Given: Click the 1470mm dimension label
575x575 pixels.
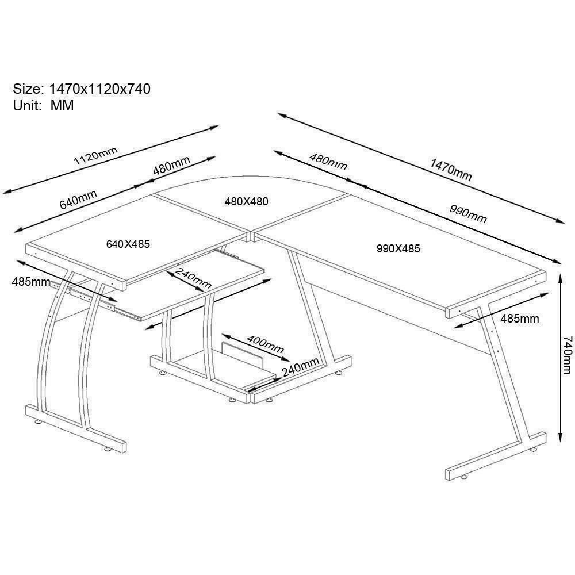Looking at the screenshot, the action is (451, 170).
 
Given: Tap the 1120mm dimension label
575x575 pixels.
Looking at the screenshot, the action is (95, 155).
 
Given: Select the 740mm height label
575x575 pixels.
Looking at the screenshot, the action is (567, 355).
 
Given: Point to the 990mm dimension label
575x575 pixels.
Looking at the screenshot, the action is (468, 214).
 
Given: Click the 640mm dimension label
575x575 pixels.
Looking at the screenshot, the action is (78, 199).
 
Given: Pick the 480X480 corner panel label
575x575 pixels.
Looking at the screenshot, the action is (247, 201).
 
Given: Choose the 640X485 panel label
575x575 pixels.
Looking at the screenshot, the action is (128, 244).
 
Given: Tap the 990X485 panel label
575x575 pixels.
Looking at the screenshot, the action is (398, 248).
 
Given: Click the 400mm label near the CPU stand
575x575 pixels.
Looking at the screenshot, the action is (265, 344).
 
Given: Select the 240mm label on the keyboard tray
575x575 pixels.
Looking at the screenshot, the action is (193, 278).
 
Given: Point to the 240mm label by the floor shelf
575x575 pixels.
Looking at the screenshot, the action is (300, 367).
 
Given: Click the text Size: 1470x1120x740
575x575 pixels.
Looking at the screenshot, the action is (82, 89).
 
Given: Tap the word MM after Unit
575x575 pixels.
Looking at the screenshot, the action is (62, 106).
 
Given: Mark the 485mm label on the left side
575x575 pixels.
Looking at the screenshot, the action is (31, 282).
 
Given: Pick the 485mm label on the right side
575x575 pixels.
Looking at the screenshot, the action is (520, 319).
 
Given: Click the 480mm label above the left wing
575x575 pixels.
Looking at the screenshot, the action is (171, 165).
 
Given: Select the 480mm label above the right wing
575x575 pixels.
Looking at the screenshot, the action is (328, 162).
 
